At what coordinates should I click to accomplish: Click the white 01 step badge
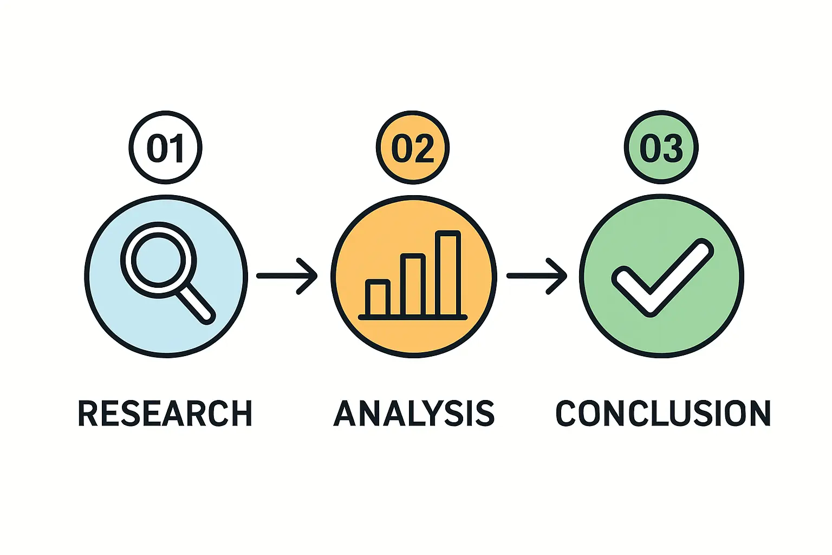(165, 147)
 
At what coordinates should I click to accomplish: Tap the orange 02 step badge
(413, 147)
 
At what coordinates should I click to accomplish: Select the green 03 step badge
(661, 147)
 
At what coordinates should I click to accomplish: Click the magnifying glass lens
(158, 260)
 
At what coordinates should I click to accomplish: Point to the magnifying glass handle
(196, 304)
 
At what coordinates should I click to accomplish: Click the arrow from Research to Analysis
(287, 276)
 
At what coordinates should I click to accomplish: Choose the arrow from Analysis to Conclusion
(537, 276)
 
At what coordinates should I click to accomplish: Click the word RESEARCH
(165, 413)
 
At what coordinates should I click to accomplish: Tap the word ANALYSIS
(414, 413)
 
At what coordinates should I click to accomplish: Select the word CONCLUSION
(663, 413)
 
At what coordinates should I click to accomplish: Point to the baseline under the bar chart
(413, 317)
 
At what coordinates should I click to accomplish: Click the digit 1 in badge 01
(177, 149)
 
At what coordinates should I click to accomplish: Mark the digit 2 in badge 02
(424, 149)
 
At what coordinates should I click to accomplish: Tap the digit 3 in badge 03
(672, 149)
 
